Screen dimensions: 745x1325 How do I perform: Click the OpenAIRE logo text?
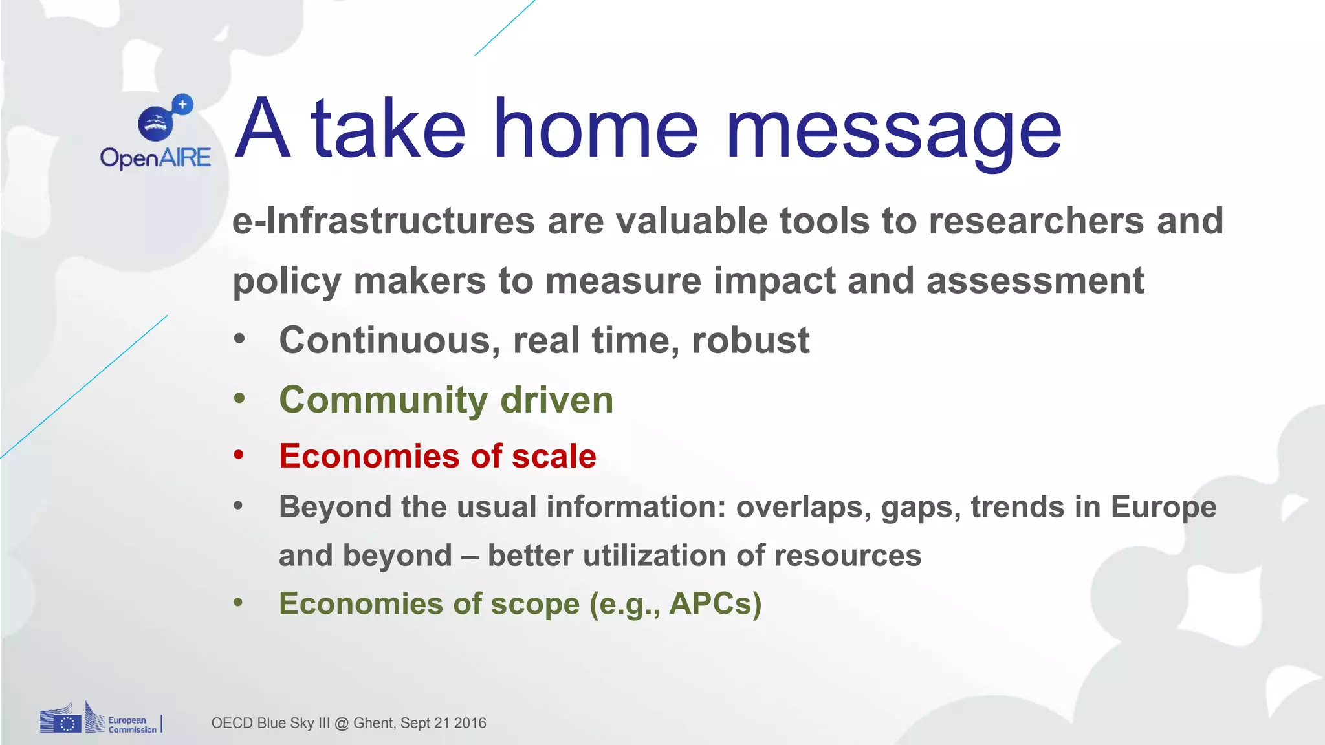155,158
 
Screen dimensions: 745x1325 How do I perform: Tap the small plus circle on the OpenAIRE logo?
183,104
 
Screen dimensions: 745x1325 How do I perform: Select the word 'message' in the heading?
893,133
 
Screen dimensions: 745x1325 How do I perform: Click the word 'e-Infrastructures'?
383,221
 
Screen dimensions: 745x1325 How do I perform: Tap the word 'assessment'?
1035,282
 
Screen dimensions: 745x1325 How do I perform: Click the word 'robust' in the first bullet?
750,341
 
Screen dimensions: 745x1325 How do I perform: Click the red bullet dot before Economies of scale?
239,455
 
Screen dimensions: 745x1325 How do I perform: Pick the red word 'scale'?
554,457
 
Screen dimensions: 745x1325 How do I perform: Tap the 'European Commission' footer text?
132,725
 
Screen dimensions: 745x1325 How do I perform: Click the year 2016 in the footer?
470,723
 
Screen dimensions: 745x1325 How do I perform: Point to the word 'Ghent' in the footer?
373,723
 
